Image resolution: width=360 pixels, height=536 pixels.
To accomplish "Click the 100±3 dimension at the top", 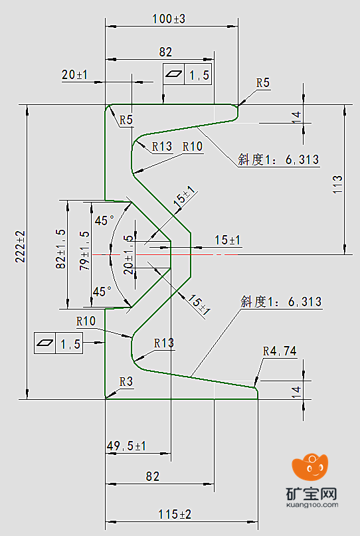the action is (169, 19).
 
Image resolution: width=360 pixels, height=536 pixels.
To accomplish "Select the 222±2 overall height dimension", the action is (21, 246).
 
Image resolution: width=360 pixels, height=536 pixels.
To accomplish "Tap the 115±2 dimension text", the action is (175, 514).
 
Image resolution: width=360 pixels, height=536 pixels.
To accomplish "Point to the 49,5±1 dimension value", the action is (126, 446).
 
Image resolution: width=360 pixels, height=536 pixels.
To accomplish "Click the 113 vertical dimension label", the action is (337, 184).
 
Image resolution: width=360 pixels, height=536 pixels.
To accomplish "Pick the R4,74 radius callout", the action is (280, 351).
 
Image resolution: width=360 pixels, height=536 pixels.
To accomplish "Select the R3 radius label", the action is (126, 381).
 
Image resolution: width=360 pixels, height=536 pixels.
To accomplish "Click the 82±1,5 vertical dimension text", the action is (61, 249).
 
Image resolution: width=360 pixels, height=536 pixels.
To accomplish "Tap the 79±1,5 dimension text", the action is (84, 251).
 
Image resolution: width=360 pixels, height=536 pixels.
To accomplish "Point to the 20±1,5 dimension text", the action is (129, 254).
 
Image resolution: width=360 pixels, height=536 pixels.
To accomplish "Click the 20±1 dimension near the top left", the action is (74, 74).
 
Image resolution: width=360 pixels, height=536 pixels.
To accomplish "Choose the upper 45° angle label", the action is (104, 221).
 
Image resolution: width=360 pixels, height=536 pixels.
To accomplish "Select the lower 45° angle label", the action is (102, 292).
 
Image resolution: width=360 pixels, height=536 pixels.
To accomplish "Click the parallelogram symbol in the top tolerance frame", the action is (174, 74).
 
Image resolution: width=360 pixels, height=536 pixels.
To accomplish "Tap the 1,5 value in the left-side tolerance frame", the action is (70, 343).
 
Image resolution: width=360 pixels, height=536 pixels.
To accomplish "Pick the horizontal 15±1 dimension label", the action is (227, 240).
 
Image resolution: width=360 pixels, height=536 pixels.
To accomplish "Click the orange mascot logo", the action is (310, 467).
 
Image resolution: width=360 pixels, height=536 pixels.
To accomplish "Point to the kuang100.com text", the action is (312, 505).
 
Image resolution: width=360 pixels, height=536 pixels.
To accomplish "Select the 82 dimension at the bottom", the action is (153, 476).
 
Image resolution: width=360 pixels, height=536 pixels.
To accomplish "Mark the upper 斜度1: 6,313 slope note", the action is (278, 159).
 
